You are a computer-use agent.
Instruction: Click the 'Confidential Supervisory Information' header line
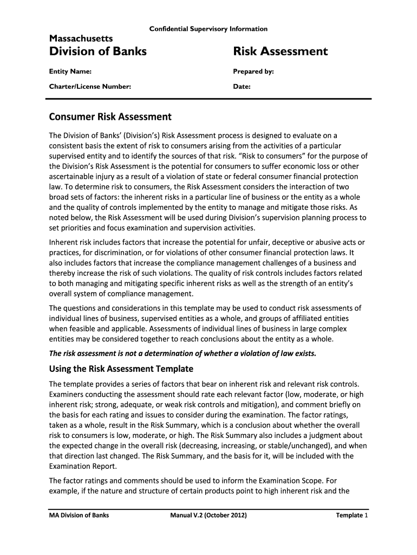pyautogui.click(x=208, y=29)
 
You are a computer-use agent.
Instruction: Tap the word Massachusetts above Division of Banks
pyautogui.click(x=81, y=38)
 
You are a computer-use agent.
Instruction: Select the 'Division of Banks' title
pyautogui.click(x=98, y=51)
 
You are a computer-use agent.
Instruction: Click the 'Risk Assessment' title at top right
pyautogui.click(x=280, y=51)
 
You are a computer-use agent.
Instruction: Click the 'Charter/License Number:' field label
pyautogui.click(x=90, y=86)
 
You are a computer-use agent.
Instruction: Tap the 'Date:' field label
pyautogui.click(x=242, y=86)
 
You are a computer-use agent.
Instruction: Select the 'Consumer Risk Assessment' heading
pyautogui.click(x=110, y=117)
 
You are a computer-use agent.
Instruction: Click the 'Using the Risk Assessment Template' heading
pyautogui.click(x=121, y=369)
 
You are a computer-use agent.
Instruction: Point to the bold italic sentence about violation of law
pyautogui.click(x=182, y=353)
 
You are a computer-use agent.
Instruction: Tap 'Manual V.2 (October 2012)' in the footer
pyautogui.click(x=208, y=515)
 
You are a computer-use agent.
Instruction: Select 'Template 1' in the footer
pyautogui.click(x=352, y=515)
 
